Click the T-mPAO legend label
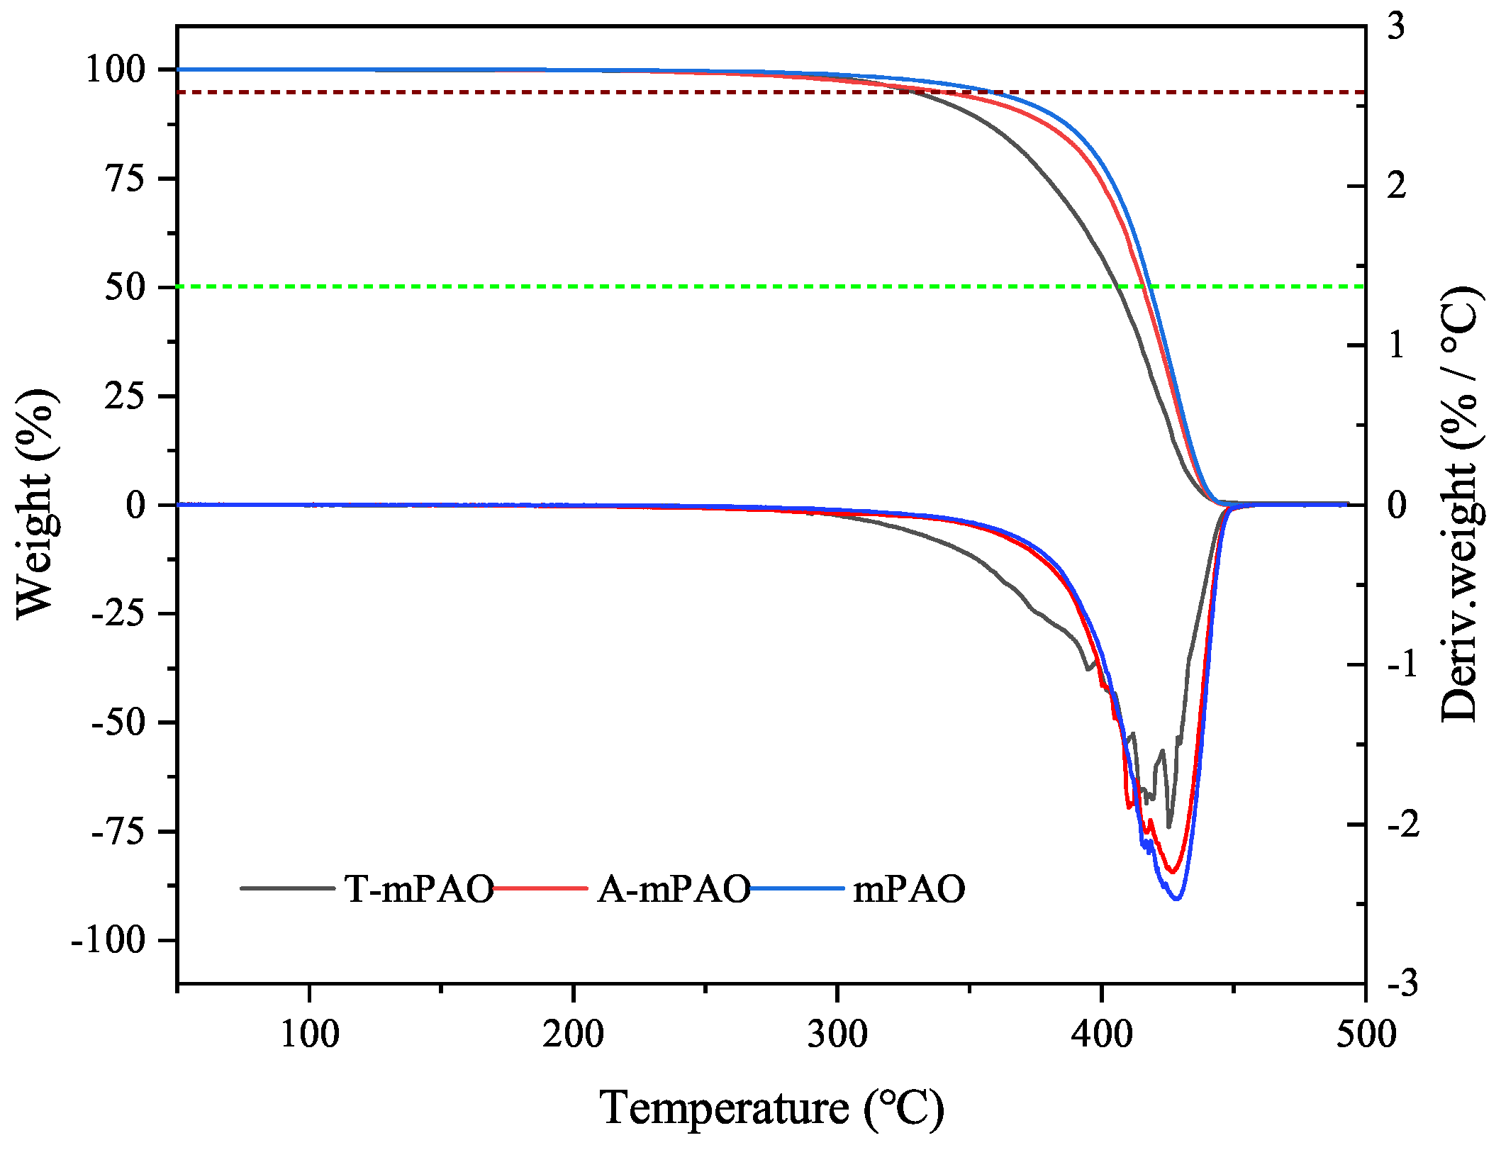(x=419, y=888)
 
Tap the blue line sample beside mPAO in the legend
(x=798, y=888)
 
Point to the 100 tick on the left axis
(x=116, y=69)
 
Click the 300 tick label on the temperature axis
(x=837, y=1034)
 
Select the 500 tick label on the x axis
(x=1366, y=1034)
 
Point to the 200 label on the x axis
(x=573, y=1034)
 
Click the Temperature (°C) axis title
(x=771, y=1107)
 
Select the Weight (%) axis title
(x=35, y=503)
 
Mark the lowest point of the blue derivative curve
(x=1177, y=899)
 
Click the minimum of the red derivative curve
(x=1171, y=872)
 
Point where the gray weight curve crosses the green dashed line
(x=1117, y=286)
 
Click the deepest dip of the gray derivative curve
(x=1168, y=827)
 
